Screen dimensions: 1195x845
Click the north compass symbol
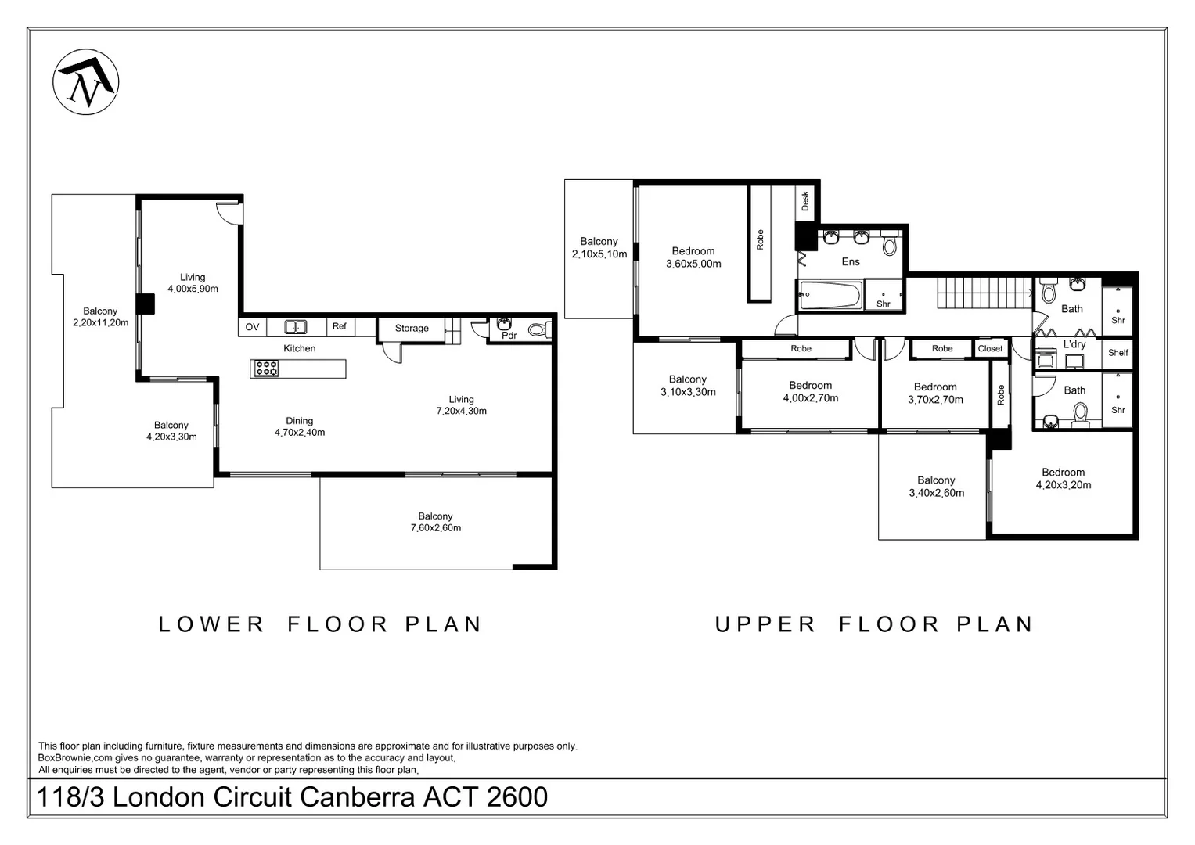[x=85, y=81]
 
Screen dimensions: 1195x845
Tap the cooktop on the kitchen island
[x=266, y=368]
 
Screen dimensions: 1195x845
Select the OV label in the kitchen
[x=252, y=326]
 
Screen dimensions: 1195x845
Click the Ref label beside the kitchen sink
[x=340, y=325]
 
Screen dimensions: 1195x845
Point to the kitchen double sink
[x=295, y=326]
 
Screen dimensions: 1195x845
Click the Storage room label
[x=412, y=328]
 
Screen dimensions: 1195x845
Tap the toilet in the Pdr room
[x=538, y=330]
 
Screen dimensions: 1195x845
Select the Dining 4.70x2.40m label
[x=299, y=426]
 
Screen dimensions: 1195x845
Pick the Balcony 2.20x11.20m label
[x=100, y=316]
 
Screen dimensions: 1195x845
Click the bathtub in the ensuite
[x=830, y=294]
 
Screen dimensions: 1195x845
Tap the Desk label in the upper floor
[x=805, y=200]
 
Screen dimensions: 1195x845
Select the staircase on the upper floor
[x=984, y=293]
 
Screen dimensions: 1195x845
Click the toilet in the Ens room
[x=889, y=244]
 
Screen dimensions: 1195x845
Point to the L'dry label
[x=1074, y=344]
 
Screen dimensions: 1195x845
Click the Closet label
[x=990, y=348]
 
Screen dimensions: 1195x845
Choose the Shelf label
[x=1118, y=353]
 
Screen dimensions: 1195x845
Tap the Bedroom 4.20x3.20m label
[x=1064, y=479]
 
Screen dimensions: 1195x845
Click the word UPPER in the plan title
[x=765, y=624]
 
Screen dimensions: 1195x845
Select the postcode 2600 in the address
[x=517, y=797]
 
